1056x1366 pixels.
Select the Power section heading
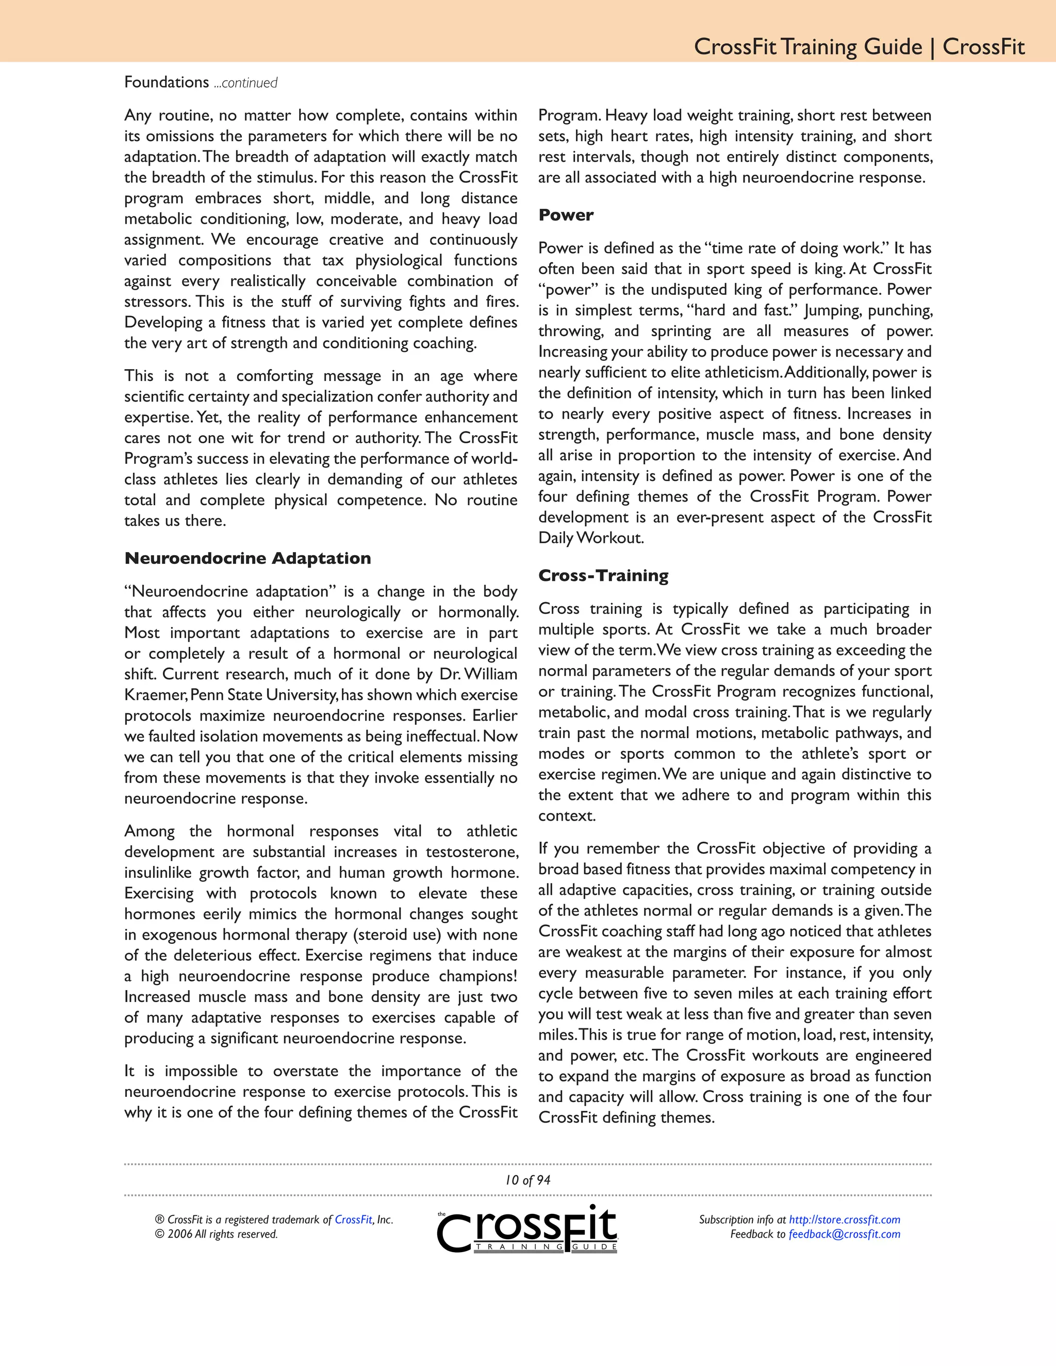tap(566, 214)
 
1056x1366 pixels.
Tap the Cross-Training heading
tap(603, 575)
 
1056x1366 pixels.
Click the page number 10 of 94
tap(527, 1179)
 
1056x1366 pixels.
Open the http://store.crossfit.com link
tap(844, 1219)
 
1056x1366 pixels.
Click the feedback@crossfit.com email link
tap(844, 1234)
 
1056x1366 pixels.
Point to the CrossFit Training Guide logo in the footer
tap(527, 1229)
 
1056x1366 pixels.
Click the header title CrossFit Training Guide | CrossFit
tap(859, 46)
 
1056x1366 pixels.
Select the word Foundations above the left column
tap(167, 82)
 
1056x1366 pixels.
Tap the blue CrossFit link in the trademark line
tap(353, 1219)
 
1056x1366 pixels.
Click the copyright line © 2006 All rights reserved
tap(217, 1234)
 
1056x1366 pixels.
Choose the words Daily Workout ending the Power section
tap(590, 538)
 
